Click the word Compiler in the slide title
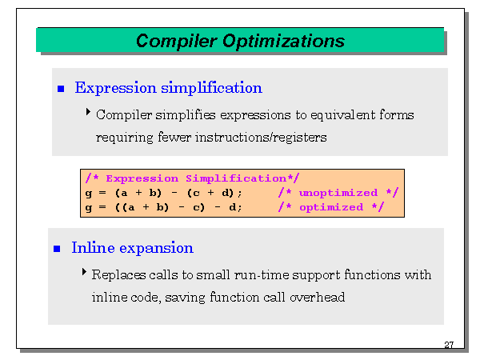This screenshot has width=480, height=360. click(x=177, y=42)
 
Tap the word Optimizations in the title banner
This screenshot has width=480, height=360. click(x=283, y=42)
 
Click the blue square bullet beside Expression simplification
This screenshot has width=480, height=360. click(x=61, y=89)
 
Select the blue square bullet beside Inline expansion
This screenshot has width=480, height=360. click(x=57, y=249)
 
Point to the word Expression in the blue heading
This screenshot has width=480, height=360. click(x=116, y=88)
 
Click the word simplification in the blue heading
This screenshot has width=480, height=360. click(x=211, y=88)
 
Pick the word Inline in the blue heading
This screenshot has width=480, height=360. click(x=93, y=247)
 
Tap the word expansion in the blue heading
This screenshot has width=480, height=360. click(x=156, y=249)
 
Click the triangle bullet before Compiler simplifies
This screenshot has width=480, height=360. click(x=88, y=112)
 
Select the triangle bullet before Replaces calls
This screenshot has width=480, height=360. click(x=84, y=271)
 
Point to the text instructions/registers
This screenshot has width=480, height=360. click(x=261, y=138)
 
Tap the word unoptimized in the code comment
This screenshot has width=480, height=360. click(x=338, y=193)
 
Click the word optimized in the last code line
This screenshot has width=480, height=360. click(x=331, y=207)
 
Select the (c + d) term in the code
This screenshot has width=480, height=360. click(x=210, y=193)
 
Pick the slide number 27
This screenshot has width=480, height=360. click(x=449, y=345)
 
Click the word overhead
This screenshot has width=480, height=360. click(x=317, y=298)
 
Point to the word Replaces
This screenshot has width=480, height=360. click(x=118, y=275)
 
